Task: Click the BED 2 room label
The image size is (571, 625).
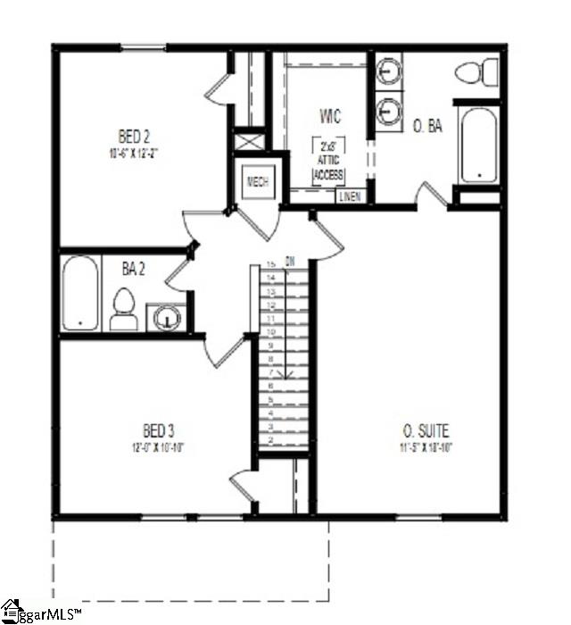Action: point(134,137)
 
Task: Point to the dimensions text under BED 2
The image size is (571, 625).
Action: point(134,153)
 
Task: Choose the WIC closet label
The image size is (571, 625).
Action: point(330,117)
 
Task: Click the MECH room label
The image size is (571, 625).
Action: point(258,182)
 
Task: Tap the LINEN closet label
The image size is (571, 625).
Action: point(350,196)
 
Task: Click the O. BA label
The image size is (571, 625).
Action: point(427,127)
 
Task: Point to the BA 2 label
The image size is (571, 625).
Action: point(136,267)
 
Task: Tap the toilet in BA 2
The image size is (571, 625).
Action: point(123,309)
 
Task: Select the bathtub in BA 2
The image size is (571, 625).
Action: point(79,294)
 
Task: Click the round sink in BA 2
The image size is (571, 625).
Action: point(165,318)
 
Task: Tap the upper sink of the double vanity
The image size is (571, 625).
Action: point(388,69)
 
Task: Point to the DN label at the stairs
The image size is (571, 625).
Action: point(290,262)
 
